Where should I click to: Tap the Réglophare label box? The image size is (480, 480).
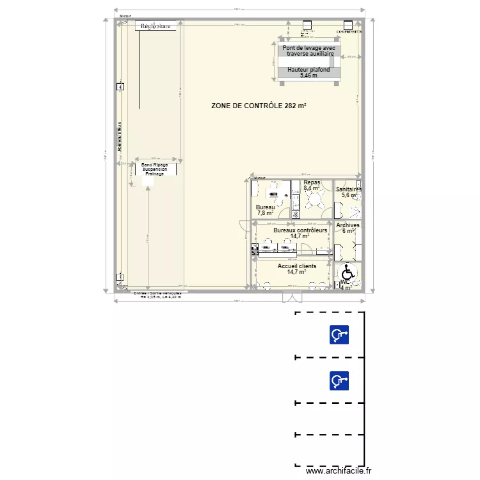pyautogui.click(x=156, y=26)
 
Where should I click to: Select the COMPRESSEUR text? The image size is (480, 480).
pyautogui.click(x=350, y=31)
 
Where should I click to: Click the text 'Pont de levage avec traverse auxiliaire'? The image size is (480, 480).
pyautogui.click(x=310, y=51)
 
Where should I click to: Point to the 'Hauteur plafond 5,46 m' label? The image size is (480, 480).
pyautogui.click(x=308, y=72)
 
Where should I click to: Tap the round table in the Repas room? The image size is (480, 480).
pyautogui.click(x=314, y=200)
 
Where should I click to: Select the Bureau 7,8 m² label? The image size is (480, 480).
pyautogui.click(x=265, y=210)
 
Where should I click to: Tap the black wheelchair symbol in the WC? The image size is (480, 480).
pyautogui.click(x=348, y=271)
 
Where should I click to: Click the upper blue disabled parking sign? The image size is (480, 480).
pyautogui.click(x=339, y=335)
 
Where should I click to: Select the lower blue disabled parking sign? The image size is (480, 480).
pyautogui.click(x=339, y=381)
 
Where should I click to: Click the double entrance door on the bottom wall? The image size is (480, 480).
pyautogui.click(x=292, y=296)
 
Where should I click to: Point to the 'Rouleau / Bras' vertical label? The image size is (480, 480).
pyautogui.click(x=119, y=138)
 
